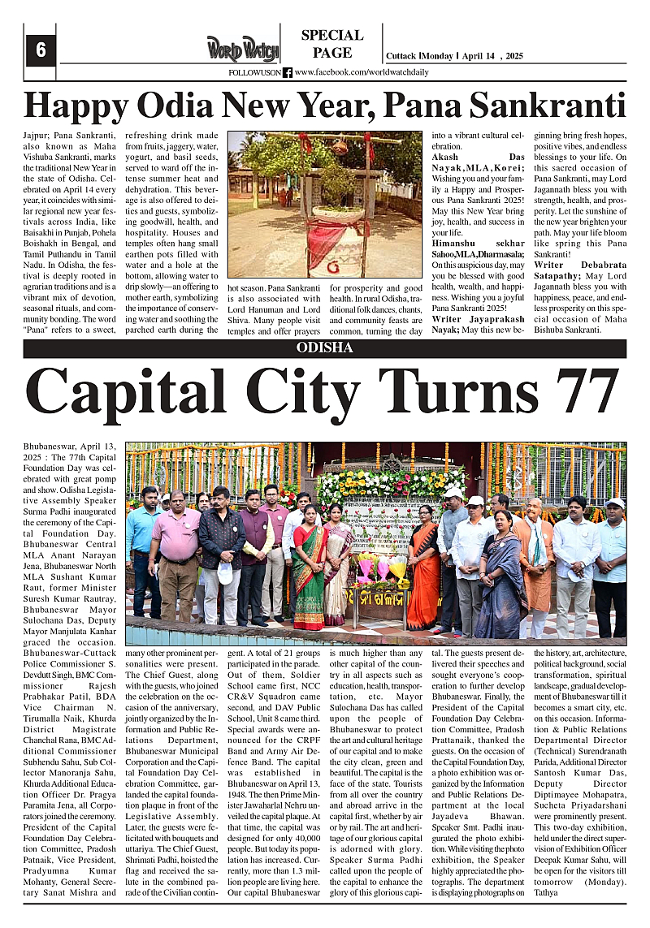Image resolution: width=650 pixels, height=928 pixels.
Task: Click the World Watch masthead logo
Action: tap(241, 49)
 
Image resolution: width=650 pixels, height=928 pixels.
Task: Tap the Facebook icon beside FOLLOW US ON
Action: tap(288, 72)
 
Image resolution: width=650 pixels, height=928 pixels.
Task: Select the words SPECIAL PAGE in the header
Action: tap(331, 44)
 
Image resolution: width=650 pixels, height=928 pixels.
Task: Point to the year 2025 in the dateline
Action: tap(514, 56)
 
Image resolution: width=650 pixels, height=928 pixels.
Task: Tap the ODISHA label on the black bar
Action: tap(325, 347)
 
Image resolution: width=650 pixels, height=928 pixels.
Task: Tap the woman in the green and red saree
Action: tap(308, 568)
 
